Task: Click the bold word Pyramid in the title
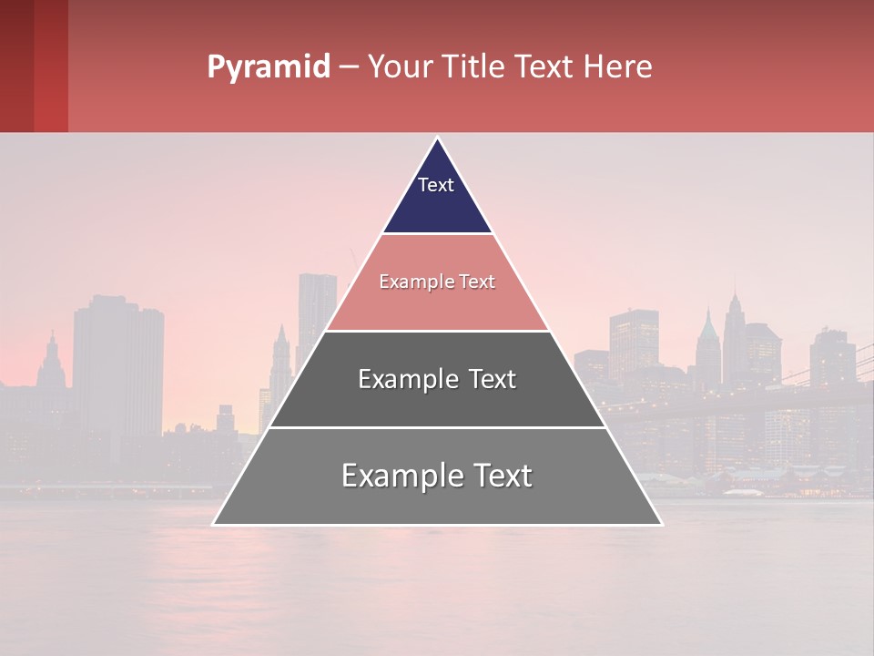coord(268,67)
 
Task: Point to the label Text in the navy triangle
coord(436,185)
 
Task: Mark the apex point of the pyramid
coord(438,138)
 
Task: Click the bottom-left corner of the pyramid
coord(213,525)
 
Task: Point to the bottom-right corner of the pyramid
coord(662,525)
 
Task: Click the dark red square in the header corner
coord(16,66)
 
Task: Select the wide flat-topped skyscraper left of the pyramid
coord(118,364)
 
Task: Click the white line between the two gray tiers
coord(437,427)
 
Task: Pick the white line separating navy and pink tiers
coord(437,234)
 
